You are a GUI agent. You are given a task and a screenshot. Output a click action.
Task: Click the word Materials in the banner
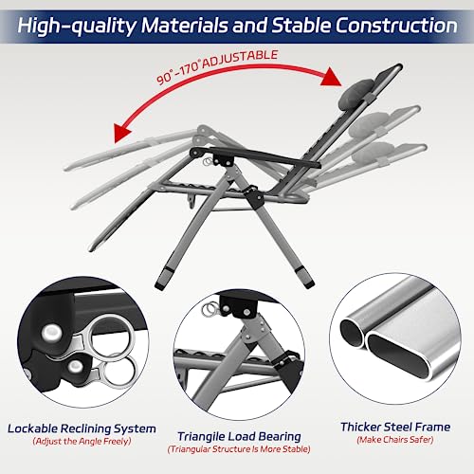(x=185, y=26)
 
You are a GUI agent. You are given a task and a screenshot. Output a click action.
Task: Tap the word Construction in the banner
(x=396, y=26)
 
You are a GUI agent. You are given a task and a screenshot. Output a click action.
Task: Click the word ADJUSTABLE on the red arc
(x=240, y=60)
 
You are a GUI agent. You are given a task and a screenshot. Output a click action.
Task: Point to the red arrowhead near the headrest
(x=331, y=77)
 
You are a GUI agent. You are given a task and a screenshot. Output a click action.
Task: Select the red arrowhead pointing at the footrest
(x=123, y=134)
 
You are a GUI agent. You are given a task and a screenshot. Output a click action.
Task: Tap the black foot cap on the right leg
(x=304, y=278)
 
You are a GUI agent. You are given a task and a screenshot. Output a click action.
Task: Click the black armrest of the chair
(x=256, y=157)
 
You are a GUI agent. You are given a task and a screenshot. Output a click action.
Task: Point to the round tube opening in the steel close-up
(x=353, y=334)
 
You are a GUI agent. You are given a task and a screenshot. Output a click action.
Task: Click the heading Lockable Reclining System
(x=82, y=428)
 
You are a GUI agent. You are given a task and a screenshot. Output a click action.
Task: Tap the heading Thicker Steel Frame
(x=395, y=427)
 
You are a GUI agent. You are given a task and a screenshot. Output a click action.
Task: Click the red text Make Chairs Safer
(x=395, y=440)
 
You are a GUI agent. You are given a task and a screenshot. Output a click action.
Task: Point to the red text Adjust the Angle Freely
(x=82, y=441)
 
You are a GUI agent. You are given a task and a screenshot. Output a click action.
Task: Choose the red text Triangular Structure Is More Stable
(x=239, y=449)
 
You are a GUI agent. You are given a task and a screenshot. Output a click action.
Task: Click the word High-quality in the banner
(x=77, y=26)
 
